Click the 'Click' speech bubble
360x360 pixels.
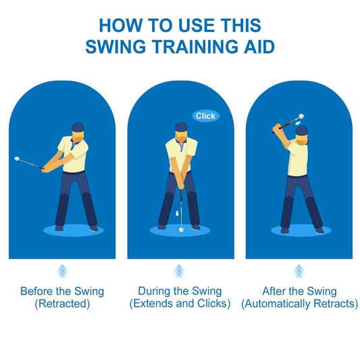pos(206,115)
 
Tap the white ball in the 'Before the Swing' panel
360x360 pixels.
pos(17,159)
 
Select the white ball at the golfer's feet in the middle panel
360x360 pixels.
pos(182,230)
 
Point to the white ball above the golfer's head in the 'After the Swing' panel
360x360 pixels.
pos(301,116)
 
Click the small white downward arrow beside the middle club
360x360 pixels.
pos(177,213)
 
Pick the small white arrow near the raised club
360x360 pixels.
pos(298,124)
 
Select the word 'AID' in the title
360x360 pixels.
pos(259,47)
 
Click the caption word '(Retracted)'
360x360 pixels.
pos(62,303)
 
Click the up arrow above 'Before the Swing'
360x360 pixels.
pos(62,271)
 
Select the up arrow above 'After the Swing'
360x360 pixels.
pos(299,271)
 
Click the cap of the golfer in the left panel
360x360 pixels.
pos(78,127)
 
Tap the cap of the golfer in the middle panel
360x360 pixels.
pos(181,127)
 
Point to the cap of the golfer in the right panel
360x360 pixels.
pos(301,130)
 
